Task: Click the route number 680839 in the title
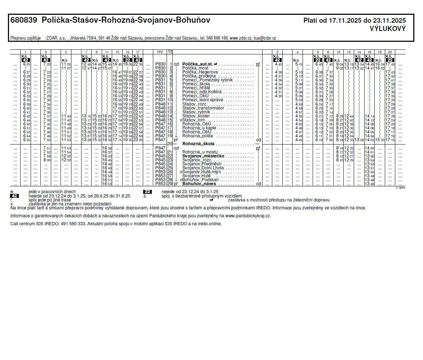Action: point(24,21)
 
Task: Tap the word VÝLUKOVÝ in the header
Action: point(388,29)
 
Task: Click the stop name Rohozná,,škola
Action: point(198,144)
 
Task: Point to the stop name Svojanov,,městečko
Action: point(203,156)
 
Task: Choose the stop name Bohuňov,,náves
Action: point(199,184)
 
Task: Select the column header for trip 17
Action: point(138,52)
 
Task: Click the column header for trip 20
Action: point(389,52)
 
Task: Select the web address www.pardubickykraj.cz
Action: point(248,216)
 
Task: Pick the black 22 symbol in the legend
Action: point(147,192)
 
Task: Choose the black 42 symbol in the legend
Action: point(14,196)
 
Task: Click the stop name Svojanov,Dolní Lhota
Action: point(203,168)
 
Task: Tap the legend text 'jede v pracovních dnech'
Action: point(52,192)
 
